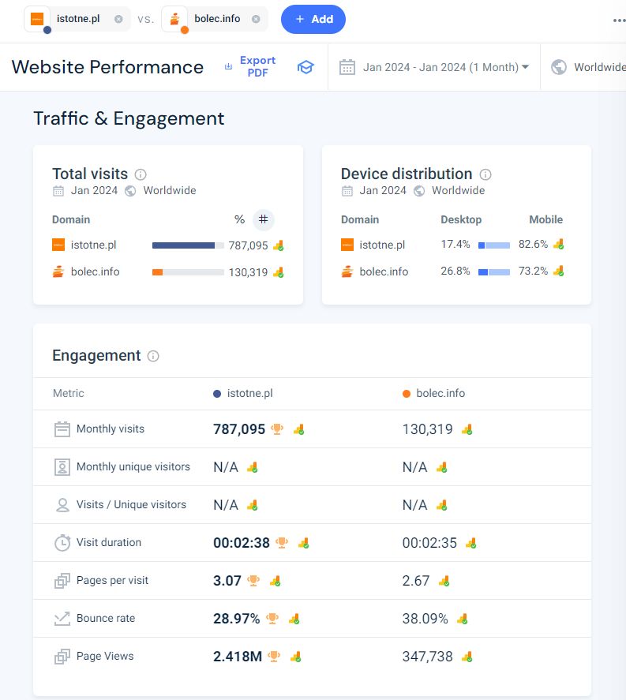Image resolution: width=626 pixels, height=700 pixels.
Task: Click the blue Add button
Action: pos(313,19)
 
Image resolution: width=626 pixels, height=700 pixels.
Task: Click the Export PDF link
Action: pos(257,66)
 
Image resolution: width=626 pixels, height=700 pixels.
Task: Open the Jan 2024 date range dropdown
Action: pos(445,67)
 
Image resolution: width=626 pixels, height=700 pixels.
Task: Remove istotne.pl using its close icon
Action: pos(118,19)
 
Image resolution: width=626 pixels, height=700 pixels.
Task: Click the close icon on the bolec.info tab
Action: pos(256,19)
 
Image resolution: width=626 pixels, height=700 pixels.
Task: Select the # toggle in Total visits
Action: pos(264,219)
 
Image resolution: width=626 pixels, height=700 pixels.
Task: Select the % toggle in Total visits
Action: pos(239,219)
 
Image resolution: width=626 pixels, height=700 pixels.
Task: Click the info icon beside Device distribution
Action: pos(485,174)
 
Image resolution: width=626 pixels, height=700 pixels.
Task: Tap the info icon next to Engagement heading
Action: pos(153,356)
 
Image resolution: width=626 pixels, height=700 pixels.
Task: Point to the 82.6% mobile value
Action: pos(533,244)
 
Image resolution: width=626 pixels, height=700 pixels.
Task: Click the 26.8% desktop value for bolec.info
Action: pos(455,271)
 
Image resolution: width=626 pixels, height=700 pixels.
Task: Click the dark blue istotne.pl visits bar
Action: pos(183,245)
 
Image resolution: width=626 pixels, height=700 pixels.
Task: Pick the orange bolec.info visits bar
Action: pos(157,272)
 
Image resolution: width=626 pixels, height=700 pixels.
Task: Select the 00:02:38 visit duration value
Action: pos(241,542)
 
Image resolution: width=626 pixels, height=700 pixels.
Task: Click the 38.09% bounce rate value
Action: pos(425,618)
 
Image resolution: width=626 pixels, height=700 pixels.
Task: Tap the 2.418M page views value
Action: pos(237,657)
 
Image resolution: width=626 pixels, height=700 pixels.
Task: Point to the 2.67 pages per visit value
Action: pos(416,580)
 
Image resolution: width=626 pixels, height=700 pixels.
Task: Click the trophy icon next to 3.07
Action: pos(253,580)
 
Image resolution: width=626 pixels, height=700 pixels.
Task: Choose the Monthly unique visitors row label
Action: pos(133,466)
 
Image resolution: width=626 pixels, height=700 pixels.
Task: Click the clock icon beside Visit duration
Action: pos(62,543)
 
